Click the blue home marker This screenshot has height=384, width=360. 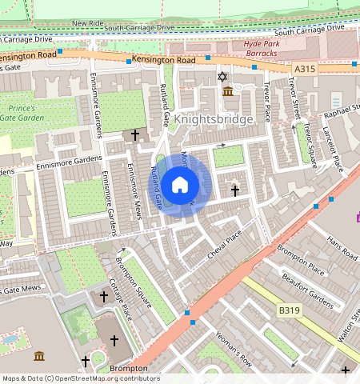click(180, 185)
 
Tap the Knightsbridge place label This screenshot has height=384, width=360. click(214, 118)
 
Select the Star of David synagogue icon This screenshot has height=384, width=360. click(222, 77)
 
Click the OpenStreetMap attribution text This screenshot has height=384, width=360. click(80, 378)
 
